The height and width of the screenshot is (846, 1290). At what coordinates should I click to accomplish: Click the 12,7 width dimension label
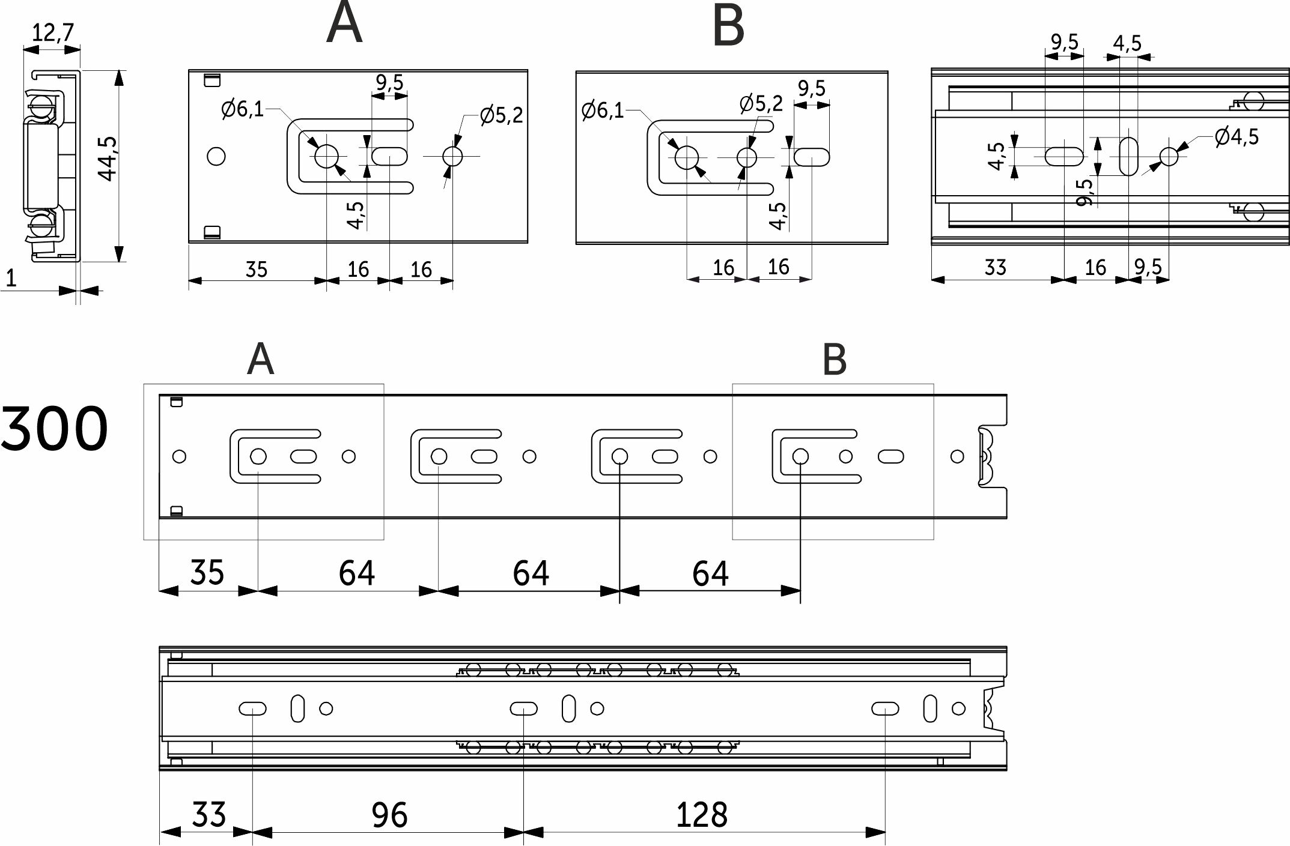coord(53,32)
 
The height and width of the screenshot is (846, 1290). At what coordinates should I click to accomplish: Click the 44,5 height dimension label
coord(109,158)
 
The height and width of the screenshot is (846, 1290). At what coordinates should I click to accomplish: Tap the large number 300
coord(54,429)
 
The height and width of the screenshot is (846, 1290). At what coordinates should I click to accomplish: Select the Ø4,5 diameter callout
coord(1236,137)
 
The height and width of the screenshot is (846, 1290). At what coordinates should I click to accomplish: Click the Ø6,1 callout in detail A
coord(242,109)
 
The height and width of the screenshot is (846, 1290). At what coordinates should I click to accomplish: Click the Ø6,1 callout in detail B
coord(603,110)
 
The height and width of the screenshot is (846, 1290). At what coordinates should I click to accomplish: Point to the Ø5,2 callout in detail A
coord(501,115)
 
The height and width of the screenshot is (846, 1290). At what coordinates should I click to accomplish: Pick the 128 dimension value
coord(701,815)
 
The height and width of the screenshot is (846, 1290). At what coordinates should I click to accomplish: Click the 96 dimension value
coord(389,815)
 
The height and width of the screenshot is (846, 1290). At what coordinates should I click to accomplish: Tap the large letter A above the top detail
coord(344,24)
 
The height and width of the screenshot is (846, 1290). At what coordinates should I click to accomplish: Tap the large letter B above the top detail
coord(728,26)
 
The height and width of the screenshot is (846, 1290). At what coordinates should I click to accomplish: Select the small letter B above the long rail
coord(834,360)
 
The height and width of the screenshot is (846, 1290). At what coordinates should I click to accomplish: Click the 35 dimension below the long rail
coord(207,572)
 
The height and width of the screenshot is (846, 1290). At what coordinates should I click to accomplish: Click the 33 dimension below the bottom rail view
coord(208,815)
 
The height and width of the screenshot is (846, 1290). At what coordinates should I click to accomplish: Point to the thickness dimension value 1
coord(10,279)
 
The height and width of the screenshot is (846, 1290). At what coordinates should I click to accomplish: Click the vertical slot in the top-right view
coord(1129,156)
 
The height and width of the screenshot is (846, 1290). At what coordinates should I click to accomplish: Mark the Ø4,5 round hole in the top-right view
coord(1169,156)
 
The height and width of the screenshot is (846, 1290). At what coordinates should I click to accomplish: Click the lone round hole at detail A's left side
coord(216,157)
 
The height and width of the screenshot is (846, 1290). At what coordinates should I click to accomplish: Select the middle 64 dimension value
coord(531,573)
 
